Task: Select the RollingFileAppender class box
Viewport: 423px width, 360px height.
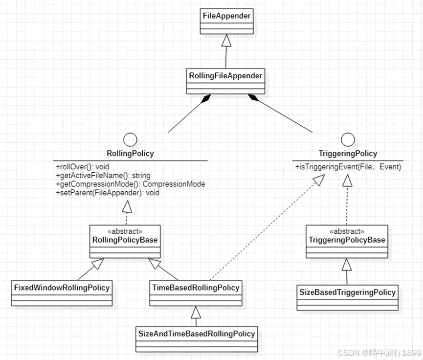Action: click(x=225, y=81)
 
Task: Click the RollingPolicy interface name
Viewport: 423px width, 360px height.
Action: click(x=130, y=154)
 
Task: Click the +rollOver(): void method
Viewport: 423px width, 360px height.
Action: click(x=82, y=167)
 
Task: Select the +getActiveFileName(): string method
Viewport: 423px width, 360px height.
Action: click(x=103, y=175)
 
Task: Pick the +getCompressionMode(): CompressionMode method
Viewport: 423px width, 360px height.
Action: click(x=130, y=184)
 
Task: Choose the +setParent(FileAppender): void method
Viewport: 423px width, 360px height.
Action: click(x=108, y=193)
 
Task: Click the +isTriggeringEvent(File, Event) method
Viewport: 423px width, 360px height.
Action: click(x=348, y=167)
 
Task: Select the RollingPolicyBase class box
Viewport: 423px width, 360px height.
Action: click(x=125, y=241)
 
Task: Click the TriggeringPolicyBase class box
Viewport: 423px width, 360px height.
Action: click(x=347, y=241)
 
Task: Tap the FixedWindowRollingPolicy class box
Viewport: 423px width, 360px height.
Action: click(x=62, y=292)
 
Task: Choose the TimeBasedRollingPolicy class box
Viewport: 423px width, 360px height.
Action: click(x=196, y=292)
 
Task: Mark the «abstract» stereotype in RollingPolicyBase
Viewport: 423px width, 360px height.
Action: click(x=125, y=231)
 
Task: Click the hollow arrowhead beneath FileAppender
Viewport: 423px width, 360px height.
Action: click(x=225, y=42)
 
